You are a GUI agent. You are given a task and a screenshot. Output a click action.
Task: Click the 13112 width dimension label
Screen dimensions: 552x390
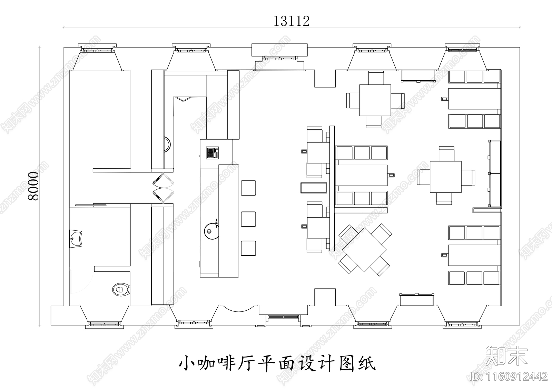[292, 21]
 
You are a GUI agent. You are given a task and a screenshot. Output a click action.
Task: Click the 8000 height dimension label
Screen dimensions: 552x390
[33, 186]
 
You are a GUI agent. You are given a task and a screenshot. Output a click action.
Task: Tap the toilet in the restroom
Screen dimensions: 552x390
[121, 289]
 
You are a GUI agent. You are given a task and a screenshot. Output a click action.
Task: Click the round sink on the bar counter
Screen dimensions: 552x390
[211, 231]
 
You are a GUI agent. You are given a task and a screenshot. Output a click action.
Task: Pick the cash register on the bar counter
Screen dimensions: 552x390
[213, 153]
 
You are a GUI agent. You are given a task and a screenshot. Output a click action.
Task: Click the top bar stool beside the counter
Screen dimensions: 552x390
[248, 188]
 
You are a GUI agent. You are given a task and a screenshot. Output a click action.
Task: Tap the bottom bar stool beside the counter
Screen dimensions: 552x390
[248, 248]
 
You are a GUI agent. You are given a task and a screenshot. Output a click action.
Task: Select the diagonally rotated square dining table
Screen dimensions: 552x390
[364, 250]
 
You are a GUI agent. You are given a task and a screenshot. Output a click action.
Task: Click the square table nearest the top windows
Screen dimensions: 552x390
[375, 100]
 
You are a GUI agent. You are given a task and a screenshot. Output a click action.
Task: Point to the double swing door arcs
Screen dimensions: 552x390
[164, 188]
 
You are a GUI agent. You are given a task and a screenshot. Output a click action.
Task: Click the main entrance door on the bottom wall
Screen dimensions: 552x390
[283, 317]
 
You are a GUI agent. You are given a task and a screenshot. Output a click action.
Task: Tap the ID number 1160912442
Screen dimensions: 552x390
[509, 377]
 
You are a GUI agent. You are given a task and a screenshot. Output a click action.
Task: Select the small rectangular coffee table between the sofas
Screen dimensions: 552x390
[314, 188]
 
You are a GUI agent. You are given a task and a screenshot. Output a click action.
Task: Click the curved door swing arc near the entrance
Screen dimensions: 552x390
[238, 309]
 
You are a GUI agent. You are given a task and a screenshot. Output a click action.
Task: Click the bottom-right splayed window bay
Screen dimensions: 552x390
[462, 317]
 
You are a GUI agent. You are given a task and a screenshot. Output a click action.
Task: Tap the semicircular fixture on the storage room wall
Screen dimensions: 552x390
[168, 144]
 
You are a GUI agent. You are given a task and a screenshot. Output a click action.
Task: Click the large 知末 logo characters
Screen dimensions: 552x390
[507, 356]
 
